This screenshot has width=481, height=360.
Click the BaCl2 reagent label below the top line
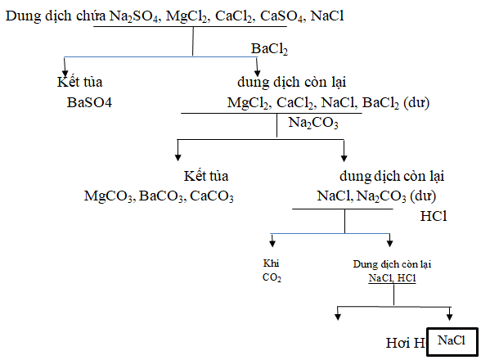pyautogui.click(x=269, y=51)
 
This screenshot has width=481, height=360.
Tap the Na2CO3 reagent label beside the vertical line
pyautogui.click(x=313, y=122)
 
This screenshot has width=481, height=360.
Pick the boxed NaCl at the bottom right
pyautogui.click(x=451, y=339)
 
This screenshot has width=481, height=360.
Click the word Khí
pyautogui.click(x=271, y=263)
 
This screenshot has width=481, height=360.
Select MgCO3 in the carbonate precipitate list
pyautogui.click(x=110, y=196)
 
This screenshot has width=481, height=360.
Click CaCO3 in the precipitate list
pyautogui.click(x=212, y=196)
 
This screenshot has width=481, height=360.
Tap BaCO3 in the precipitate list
pyautogui.click(x=162, y=196)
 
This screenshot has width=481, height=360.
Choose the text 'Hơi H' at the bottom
pyautogui.click(x=405, y=343)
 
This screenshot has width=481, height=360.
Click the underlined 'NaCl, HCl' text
pyautogui.click(x=392, y=278)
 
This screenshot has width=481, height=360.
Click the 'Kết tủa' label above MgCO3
pyautogui.click(x=206, y=176)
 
